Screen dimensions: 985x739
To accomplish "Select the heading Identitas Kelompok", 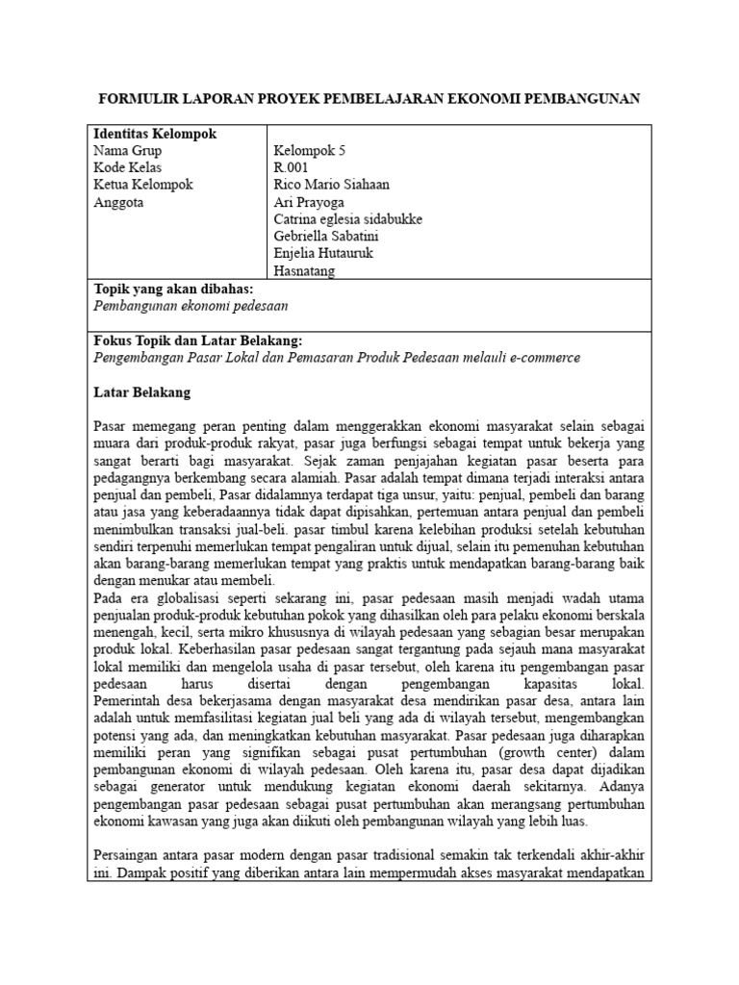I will (x=153, y=134).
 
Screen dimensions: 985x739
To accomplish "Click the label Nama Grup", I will (x=127, y=151).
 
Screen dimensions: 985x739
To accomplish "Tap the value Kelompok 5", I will (x=316, y=151).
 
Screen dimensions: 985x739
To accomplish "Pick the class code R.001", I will (x=293, y=168).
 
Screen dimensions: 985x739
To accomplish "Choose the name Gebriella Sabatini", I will (x=328, y=237).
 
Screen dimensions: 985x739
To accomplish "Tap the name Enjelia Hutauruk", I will (x=322, y=254).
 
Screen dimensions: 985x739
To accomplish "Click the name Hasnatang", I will (x=305, y=271).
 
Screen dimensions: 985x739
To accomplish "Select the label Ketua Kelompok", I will (x=143, y=185).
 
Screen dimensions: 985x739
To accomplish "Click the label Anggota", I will (x=118, y=202).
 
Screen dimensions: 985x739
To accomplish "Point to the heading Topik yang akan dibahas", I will (x=173, y=289).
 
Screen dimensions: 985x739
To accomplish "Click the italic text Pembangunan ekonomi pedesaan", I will (x=191, y=305).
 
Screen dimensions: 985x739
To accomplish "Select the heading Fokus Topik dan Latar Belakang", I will (x=197, y=341).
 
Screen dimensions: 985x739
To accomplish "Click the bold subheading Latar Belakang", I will (x=141, y=392).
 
